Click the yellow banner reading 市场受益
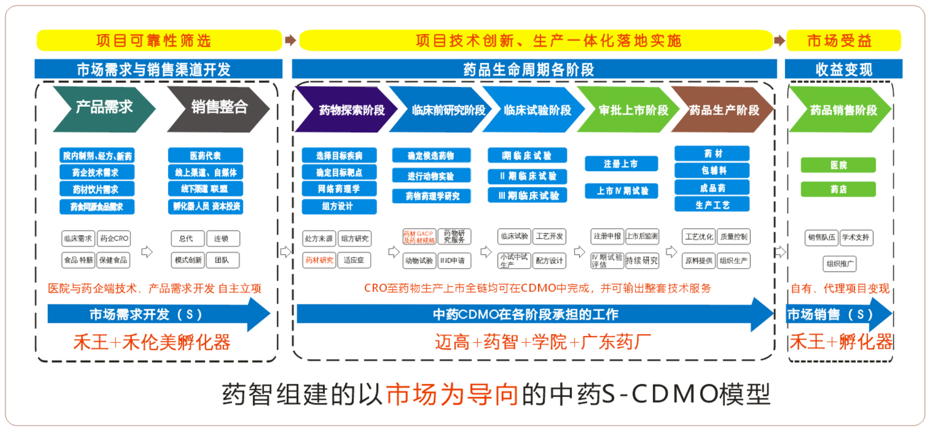coord(843,40)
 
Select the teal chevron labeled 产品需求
coord(103,108)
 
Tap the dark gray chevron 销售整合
coord(218,108)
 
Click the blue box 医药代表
coord(205,155)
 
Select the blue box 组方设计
coord(339,207)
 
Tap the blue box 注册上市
coord(621,164)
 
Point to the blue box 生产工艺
coord(712,205)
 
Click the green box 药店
coord(838,189)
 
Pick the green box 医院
coord(838,165)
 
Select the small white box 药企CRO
coord(114,239)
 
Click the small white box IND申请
coord(454,261)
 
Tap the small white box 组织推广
coord(839,264)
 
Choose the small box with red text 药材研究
coord(319,260)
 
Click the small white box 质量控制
coord(733,237)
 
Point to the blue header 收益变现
coord(843,69)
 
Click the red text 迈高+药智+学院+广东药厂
coord(543,342)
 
